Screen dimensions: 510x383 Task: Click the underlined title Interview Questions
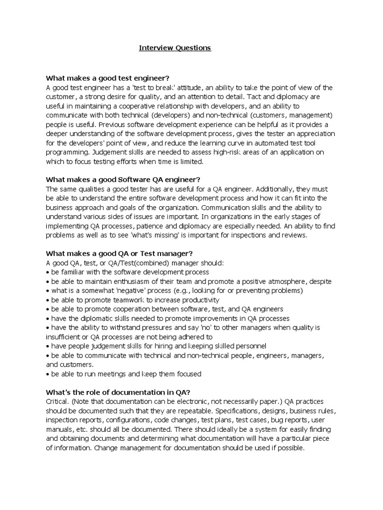(175, 48)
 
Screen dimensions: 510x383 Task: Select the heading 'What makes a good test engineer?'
(108, 78)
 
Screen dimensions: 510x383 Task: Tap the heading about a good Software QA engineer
(123, 179)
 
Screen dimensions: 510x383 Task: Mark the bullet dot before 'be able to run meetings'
(47, 374)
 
